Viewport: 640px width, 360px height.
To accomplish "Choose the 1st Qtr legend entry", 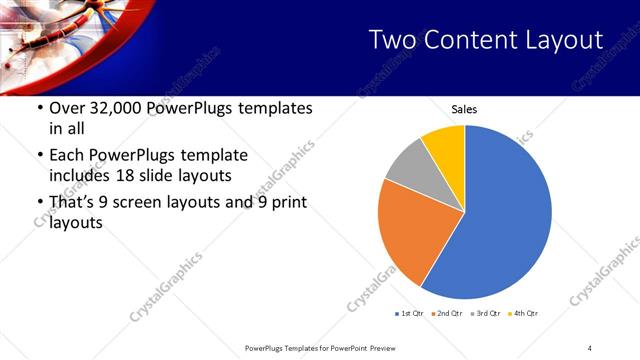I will coord(410,314).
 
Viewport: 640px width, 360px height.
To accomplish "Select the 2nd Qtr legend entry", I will coord(446,314).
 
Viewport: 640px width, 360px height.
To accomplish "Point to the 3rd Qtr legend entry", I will coord(484,314).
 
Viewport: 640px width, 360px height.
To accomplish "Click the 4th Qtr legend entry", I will coord(523,314).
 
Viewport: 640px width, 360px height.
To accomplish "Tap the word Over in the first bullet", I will coord(67,107).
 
